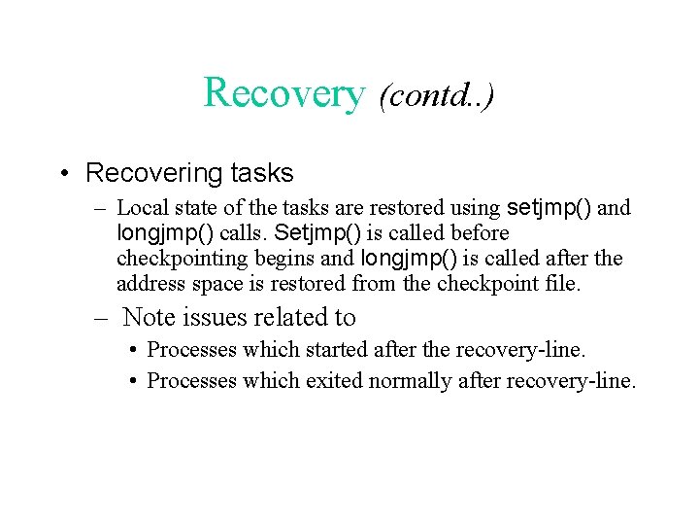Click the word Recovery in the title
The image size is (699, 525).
pyautogui.click(x=283, y=93)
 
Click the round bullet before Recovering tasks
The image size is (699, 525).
pyautogui.click(x=61, y=174)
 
